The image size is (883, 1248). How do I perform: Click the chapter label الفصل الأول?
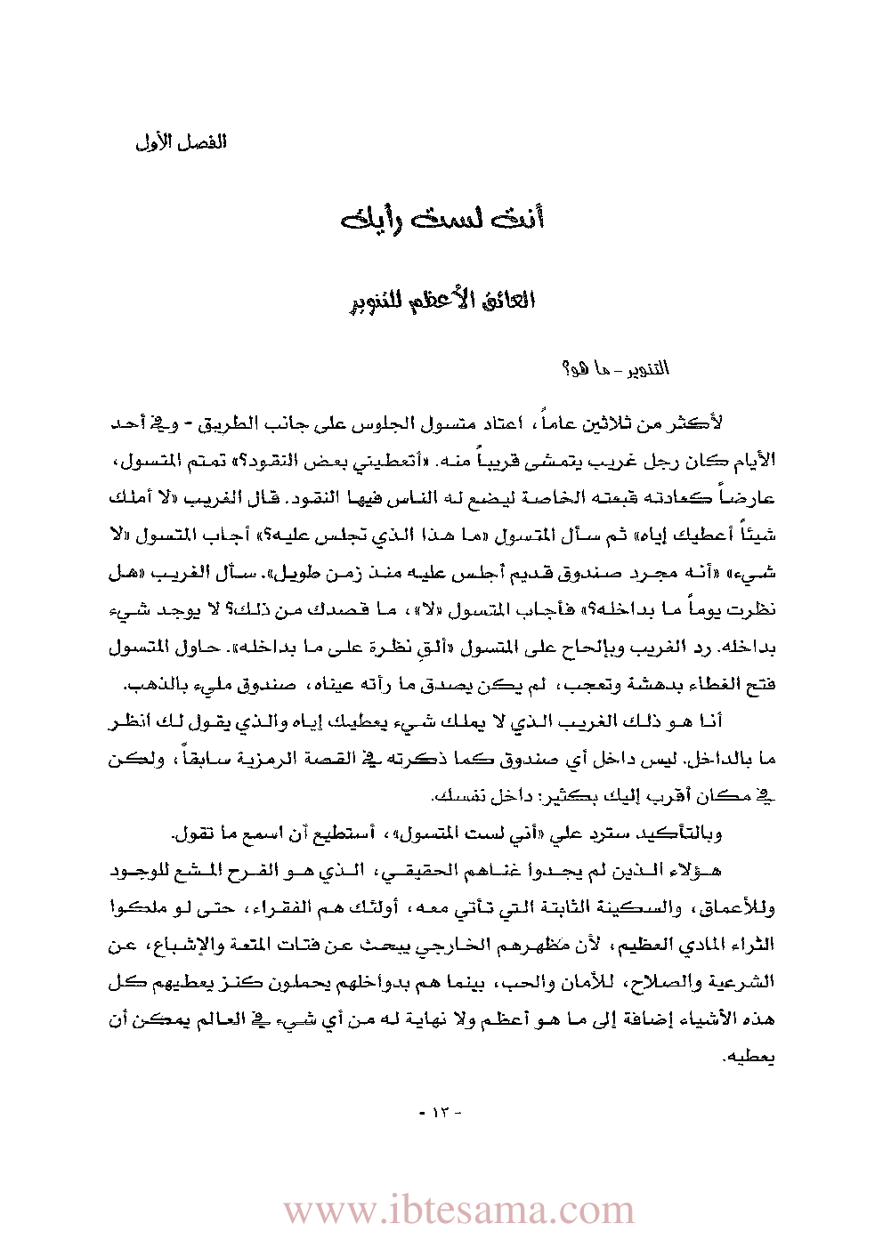click(x=182, y=142)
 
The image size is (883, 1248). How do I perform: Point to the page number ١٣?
click(x=441, y=1112)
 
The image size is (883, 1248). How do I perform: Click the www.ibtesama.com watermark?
click(x=458, y=1211)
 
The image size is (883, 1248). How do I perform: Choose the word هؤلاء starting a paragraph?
click(x=700, y=872)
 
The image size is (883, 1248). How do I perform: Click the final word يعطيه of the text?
click(x=754, y=1059)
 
